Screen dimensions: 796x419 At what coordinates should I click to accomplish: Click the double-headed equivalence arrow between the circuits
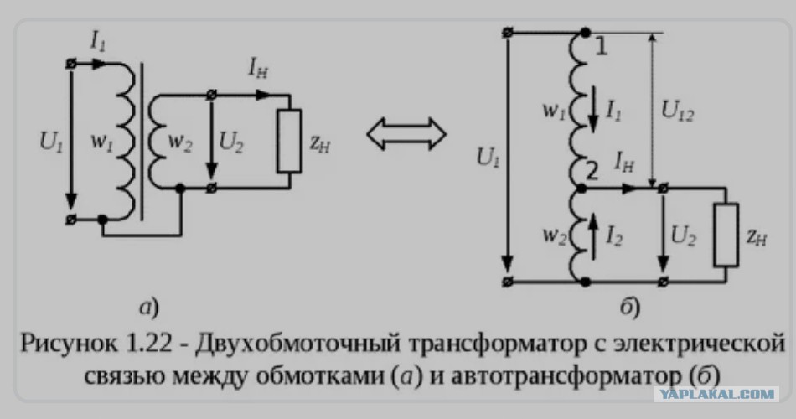tap(406, 134)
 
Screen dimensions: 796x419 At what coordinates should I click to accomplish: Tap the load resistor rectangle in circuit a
tap(289, 141)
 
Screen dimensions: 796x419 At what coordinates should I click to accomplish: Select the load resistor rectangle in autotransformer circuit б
tap(726, 235)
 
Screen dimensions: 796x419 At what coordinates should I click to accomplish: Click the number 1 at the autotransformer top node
tap(601, 47)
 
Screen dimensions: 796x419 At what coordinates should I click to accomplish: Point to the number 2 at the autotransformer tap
tap(592, 172)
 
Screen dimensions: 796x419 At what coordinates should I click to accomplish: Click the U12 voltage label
tap(678, 110)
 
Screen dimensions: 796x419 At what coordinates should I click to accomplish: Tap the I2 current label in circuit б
tap(614, 235)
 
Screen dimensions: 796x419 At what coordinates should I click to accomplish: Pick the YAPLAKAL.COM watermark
tap(716, 394)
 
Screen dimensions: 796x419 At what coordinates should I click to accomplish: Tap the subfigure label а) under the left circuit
tap(149, 308)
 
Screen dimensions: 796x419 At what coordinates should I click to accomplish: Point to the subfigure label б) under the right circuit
tap(629, 308)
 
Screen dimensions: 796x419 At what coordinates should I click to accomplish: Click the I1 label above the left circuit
tap(97, 40)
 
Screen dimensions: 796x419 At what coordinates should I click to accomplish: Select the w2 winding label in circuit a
tap(179, 142)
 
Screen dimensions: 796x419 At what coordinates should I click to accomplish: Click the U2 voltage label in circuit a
tap(231, 142)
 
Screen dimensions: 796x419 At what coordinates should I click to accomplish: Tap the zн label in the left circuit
tap(320, 143)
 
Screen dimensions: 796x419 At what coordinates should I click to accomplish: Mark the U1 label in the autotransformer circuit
tap(488, 158)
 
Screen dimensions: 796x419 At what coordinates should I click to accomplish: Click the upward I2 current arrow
tap(592, 236)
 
